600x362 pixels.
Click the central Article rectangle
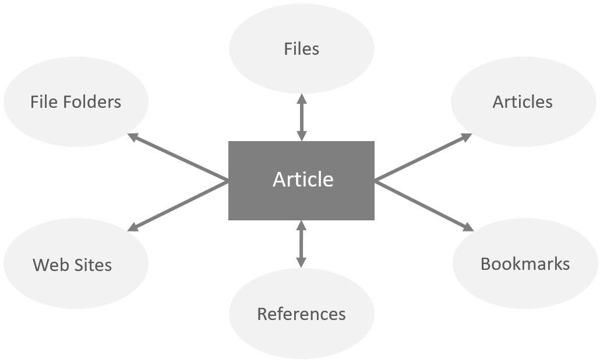301,180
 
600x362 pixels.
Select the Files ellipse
302,48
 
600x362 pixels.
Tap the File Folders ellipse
76,102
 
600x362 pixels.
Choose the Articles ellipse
523,102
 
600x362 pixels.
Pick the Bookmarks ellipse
525,264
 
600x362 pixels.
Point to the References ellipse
301,314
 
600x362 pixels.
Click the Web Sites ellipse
72,265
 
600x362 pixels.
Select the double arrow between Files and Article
301,117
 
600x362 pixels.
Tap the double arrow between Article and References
301,244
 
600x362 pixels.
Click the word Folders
94,102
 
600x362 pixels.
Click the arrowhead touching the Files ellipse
301,98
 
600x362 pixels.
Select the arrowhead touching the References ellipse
301,262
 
